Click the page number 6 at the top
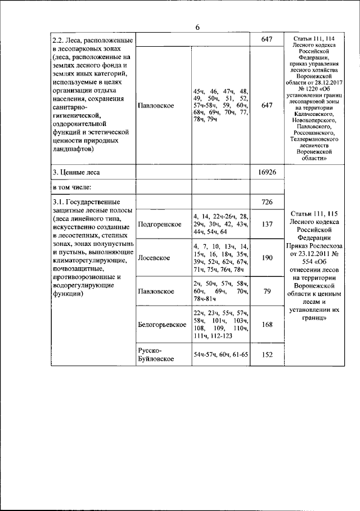point(197,28)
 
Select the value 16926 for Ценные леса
point(267,172)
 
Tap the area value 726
point(267,201)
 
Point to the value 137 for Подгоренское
point(267,224)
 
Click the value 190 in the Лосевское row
point(267,258)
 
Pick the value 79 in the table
point(267,291)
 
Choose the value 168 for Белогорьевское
point(267,324)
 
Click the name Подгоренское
point(159,224)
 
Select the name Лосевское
point(154,258)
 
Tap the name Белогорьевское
point(162,324)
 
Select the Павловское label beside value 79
point(155,291)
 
